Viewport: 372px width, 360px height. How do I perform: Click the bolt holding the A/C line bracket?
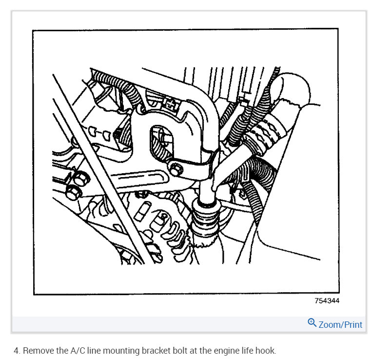pos(176,169)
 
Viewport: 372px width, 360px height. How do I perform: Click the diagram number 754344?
pos(326,301)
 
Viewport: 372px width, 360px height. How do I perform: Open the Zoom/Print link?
pos(340,324)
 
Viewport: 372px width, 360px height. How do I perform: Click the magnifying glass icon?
pos(312,323)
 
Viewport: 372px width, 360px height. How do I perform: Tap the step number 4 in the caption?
pos(16,350)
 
